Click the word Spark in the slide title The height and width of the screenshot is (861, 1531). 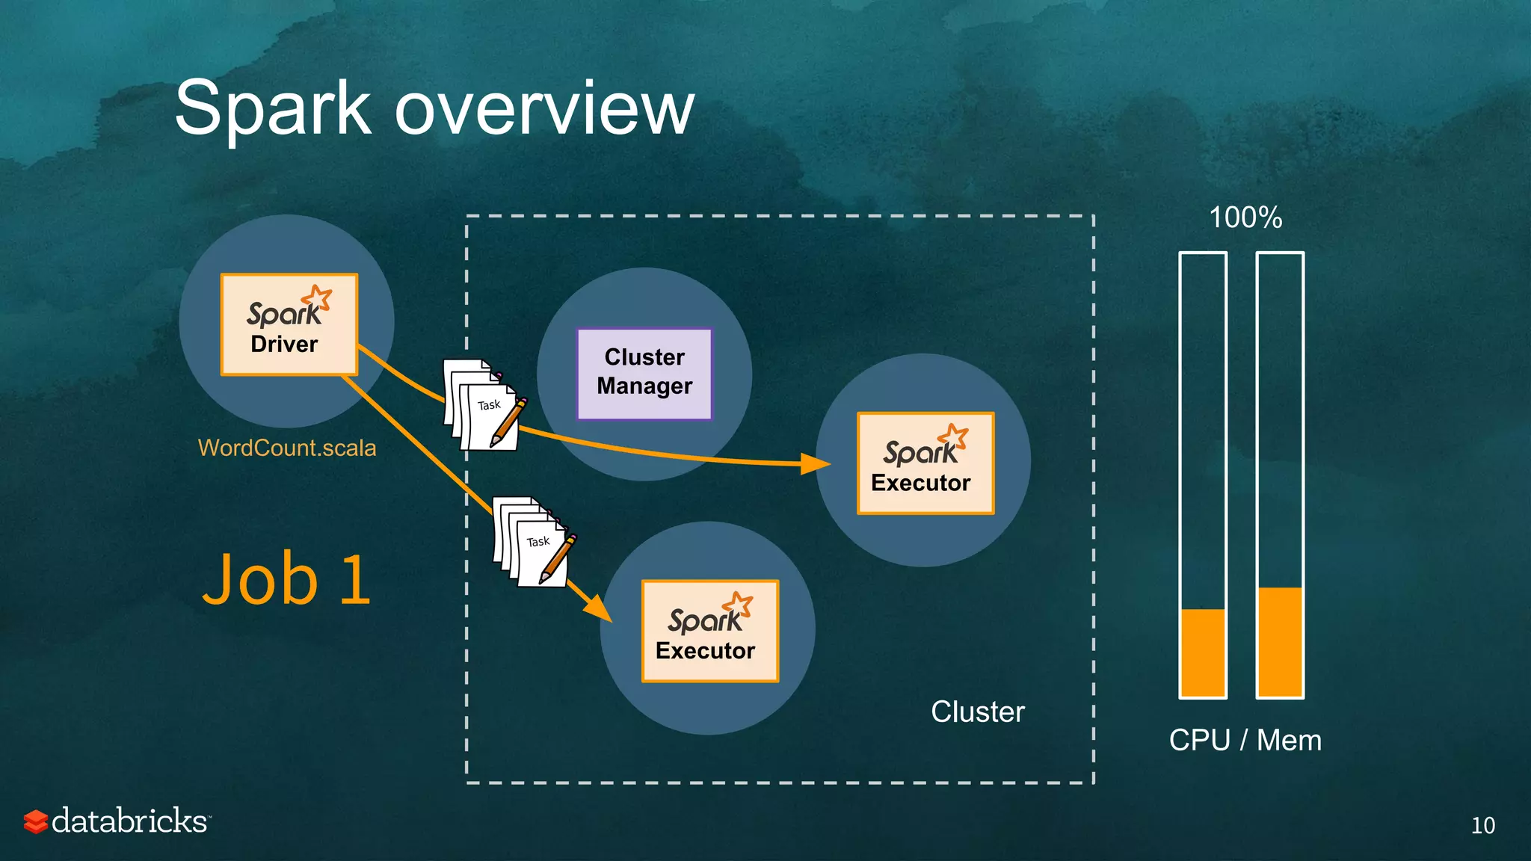tap(273, 109)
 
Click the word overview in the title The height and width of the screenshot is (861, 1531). tap(544, 109)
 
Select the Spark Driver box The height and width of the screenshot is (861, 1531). tap(289, 324)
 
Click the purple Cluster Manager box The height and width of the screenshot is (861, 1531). tap(644, 373)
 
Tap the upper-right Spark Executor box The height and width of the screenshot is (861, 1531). tap(925, 463)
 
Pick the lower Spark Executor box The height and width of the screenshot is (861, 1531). tap(709, 632)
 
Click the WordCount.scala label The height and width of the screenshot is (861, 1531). tap(287, 448)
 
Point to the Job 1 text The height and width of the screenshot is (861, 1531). tap(287, 580)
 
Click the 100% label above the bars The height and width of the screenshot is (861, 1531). tap(1245, 218)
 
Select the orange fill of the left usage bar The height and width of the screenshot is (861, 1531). tap(1203, 652)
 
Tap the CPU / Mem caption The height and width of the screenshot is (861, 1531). tap(1245, 740)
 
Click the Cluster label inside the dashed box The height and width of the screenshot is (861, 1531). tap(977, 712)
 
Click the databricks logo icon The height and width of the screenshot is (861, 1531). tap(35, 821)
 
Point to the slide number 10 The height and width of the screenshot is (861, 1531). tap(1482, 825)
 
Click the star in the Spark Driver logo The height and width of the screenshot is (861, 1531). tap(319, 297)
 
